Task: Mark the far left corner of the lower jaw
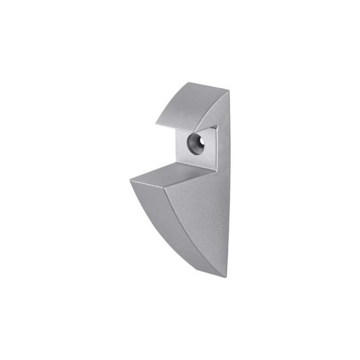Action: pyautogui.click(x=130, y=178)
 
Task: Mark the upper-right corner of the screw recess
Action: pyautogui.click(x=215, y=127)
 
